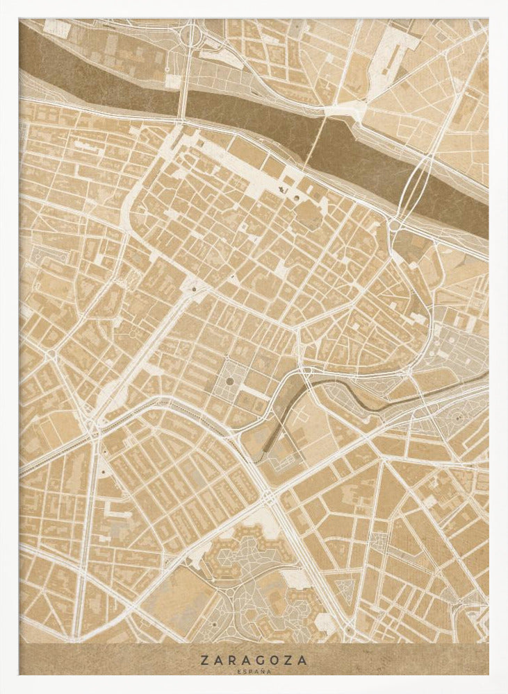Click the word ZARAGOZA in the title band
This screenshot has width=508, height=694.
(x=254, y=661)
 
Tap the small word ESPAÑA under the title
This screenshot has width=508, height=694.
(x=254, y=672)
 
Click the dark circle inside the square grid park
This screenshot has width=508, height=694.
(x=230, y=381)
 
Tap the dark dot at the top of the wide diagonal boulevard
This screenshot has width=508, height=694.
(x=194, y=288)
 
